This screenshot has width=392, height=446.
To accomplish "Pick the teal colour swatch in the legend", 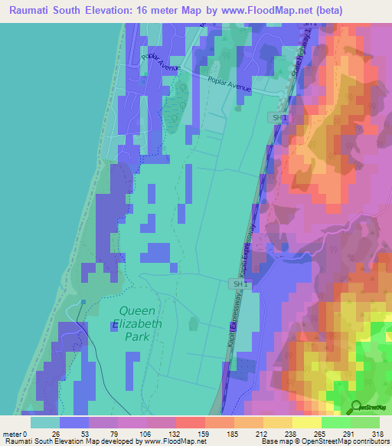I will click(x=45, y=422).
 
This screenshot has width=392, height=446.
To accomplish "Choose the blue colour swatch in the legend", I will click(x=74, y=422).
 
